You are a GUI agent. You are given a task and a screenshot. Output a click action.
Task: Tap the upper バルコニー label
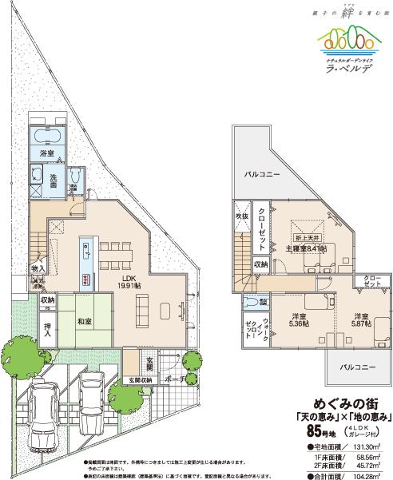point(261,173)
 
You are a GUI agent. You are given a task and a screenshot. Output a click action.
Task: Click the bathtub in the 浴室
point(48,133)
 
